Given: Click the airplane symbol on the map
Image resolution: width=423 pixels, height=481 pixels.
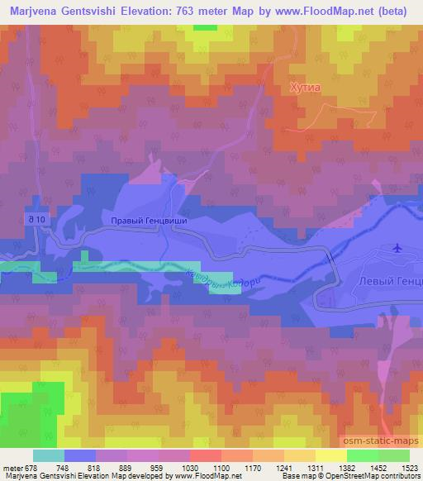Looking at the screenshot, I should pyautogui.click(x=398, y=246).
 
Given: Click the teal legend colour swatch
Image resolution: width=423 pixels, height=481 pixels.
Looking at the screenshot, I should pyautogui.click(x=49, y=455).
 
